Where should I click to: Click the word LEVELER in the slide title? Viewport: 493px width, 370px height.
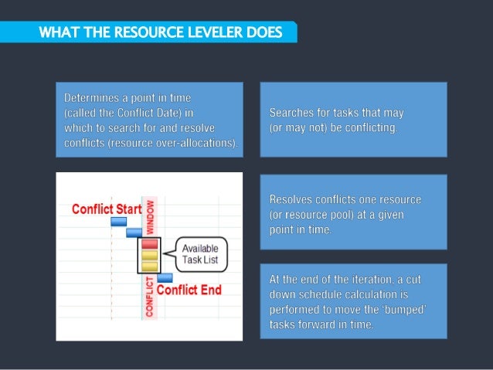click(216, 32)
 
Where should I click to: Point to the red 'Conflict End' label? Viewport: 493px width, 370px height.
click(189, 290)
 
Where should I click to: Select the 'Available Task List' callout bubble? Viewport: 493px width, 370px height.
click(199, 253)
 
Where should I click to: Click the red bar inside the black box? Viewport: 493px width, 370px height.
click(149, 244)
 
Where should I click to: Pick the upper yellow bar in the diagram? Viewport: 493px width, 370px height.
click(149, 254)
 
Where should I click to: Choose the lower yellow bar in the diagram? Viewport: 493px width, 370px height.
click(149, 265)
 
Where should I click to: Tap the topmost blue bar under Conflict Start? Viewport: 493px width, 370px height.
click(119, 222)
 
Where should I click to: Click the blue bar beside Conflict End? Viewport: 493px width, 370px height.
click(165, 277)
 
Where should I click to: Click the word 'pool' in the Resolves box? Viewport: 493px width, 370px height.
click(342, 213)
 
